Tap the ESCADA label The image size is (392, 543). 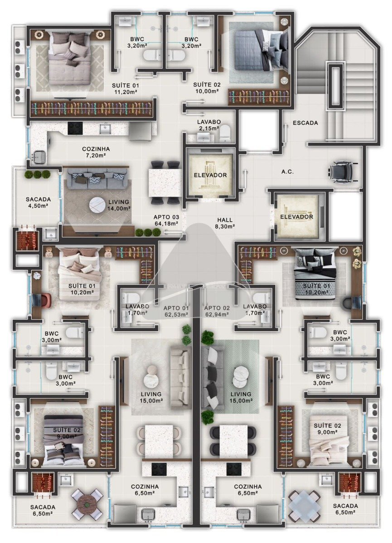point(305,123)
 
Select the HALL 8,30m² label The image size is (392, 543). point(225,223)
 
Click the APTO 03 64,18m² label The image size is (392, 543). point(166,220)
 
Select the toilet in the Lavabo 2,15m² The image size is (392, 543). point(224,133)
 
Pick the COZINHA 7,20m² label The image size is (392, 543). point(96,152)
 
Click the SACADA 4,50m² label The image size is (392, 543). point(38,202)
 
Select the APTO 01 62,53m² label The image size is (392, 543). point(176,311)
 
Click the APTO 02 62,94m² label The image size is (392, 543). point(217,311)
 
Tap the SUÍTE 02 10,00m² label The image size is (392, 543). point(207,88)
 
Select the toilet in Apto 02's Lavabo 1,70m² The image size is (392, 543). point(260,298)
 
